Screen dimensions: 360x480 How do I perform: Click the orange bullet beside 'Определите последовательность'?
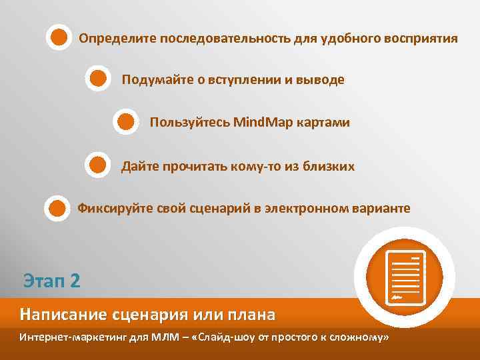59,37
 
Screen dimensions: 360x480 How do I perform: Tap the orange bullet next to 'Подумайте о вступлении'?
98,79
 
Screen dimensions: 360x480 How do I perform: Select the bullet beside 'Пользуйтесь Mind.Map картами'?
126,122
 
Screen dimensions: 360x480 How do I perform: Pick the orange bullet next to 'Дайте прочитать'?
98,164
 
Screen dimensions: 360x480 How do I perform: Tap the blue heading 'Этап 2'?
51,279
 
